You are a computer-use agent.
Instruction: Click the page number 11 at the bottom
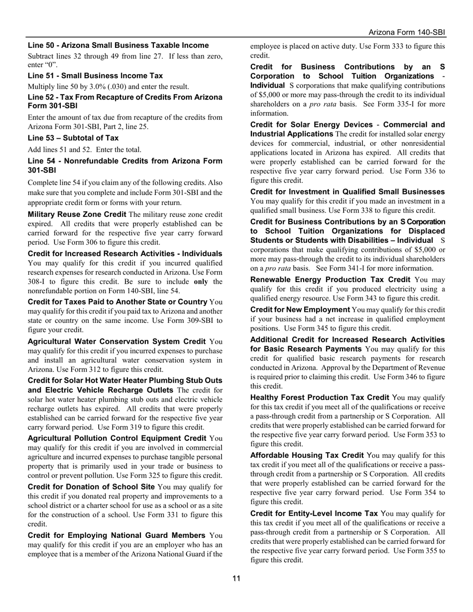click(236, 578)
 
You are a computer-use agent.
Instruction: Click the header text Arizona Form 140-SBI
click(407, 32)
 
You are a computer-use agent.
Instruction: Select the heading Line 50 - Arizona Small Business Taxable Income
click(118, 45)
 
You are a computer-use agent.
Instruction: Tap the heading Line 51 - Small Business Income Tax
click(95, 76)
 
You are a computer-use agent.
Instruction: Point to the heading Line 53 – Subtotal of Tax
click(73, 138)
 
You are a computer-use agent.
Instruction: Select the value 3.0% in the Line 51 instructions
click(98, 87)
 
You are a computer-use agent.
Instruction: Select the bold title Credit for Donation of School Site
click(91, 486)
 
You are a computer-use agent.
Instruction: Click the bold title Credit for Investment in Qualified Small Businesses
click(348, 192)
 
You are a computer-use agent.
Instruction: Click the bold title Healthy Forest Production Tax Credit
click(320, 397)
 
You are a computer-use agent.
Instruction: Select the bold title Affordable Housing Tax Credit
click(307, 455)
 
